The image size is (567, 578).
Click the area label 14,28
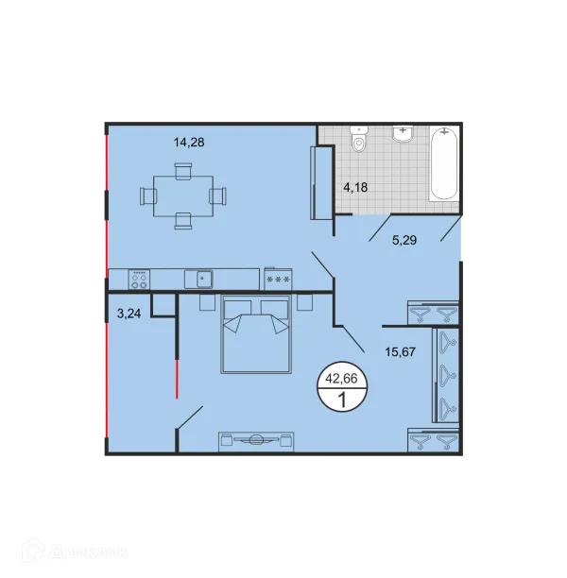click(189, 143)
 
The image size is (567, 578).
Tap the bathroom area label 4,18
click(355, 188)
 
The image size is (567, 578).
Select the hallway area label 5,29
click(404, 240)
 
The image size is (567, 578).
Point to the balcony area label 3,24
click(129, 314)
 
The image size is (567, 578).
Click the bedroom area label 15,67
click(401, 352)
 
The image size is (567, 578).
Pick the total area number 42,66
click(342, 379)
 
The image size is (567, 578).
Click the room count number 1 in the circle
click(342, 399)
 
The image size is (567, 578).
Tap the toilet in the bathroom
click(359, 140)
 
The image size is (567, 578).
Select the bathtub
click(444, 163)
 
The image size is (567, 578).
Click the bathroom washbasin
click(403, 133)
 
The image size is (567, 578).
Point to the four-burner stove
click(140, 280)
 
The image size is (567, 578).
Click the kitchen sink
click(198, 279)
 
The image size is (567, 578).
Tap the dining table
click(183, 196)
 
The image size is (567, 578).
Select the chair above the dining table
click(183, 171)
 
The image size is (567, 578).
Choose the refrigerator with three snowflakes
click(278, 279)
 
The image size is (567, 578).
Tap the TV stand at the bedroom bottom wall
click(256, 441)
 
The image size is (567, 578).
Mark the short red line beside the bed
click(177, 378)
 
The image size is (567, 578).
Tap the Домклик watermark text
click(88, 552)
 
